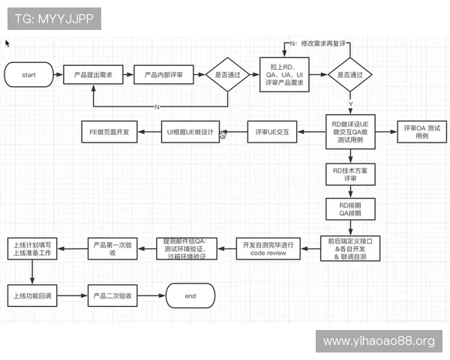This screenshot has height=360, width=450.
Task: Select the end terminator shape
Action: [190, 296]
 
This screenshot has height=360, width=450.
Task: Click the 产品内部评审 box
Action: [163, 75]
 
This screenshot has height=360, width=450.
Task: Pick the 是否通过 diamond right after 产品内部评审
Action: [227, 75]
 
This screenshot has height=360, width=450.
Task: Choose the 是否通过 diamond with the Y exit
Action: [349, 75]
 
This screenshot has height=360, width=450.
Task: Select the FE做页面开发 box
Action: [110, 133]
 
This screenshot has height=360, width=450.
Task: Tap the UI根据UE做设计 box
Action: [190, 133]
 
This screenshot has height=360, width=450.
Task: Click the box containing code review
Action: [269, 248]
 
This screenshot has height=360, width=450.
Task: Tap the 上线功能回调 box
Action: [32, 296]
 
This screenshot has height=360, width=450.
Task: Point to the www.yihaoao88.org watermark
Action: [379, 341]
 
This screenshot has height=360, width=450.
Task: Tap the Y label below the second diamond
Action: [349, 103]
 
